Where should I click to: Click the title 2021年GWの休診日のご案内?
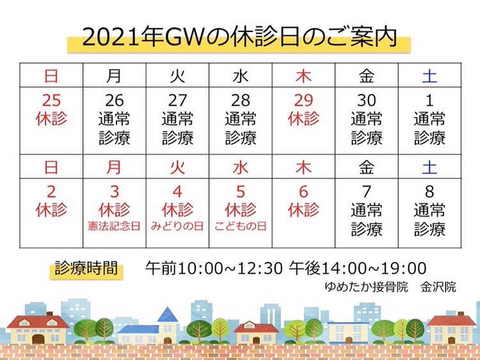(239, 37)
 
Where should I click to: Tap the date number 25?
(51, 100)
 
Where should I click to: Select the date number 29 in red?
(303, 100)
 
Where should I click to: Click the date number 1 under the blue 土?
(429, 100)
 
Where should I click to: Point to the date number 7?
(367, 192)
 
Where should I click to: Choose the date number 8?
(429, 192)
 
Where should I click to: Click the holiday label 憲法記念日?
(114, 226)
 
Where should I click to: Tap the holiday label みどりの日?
(177, 226)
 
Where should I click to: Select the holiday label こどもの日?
(240, 226)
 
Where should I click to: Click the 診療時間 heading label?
(86, 268)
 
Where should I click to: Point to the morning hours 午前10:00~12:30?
(214, 268)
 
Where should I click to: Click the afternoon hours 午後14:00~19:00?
(358, 268)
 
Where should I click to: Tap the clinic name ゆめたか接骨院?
(367, 287)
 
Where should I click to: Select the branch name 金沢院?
(438, 287)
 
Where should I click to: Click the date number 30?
(367, 100)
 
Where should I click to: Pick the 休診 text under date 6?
(303, 210)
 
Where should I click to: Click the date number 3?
(115, 192)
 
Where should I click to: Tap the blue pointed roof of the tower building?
(168, 315)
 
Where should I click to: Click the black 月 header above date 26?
(114, 75)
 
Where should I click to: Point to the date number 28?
(241, 100)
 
